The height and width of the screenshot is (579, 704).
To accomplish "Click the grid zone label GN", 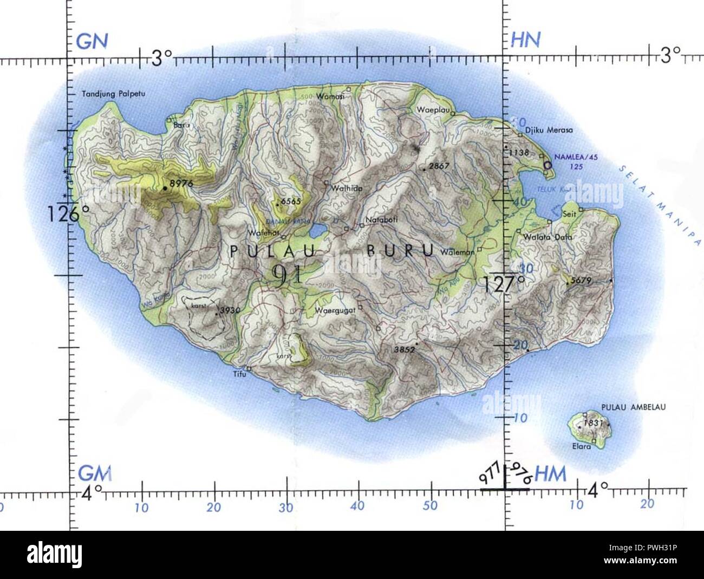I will coord(92,41).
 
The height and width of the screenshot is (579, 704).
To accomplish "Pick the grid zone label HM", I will coord(550,474).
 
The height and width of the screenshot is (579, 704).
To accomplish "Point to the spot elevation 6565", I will coord(290,201).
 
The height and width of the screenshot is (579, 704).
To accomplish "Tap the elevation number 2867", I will coord(439,166).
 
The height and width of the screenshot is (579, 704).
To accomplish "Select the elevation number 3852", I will coord(405,350).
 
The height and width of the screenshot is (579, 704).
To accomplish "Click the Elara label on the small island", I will coord(582,447).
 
